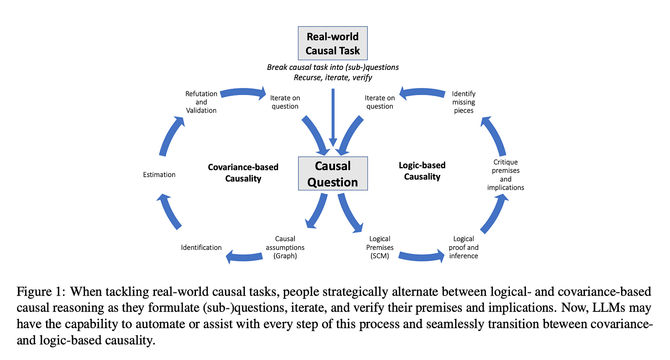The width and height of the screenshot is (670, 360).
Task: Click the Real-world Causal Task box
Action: click(x=332, y=44)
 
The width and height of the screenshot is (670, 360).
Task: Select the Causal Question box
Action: click(x=332, y=174)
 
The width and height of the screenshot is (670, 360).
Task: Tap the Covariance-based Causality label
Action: click(x=243, y=172)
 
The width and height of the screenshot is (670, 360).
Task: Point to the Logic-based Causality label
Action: click(x=422, y=171)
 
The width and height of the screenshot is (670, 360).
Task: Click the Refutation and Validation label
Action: click(x=201, y=102)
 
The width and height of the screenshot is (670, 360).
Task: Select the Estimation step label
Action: click(x=159, y=175)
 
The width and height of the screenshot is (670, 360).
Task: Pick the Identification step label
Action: click(x=201, y=247)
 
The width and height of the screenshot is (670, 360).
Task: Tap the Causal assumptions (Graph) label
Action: click(x=285, y=247)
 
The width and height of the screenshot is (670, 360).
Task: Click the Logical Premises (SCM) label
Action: click(x=380, y=247)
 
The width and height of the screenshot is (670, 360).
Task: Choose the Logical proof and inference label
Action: click(x=464, y=247)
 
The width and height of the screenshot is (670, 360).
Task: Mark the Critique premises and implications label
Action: click(x=505, y=175)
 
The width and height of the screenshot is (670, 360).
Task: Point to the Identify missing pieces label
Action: click(x=464, y=102)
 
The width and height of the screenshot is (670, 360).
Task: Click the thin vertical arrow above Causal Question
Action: click(x=333, y=117)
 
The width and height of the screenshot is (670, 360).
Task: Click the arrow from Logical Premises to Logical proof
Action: click(x=421, y=256)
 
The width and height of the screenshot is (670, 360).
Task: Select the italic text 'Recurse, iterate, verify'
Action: click(x=333, y=77)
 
